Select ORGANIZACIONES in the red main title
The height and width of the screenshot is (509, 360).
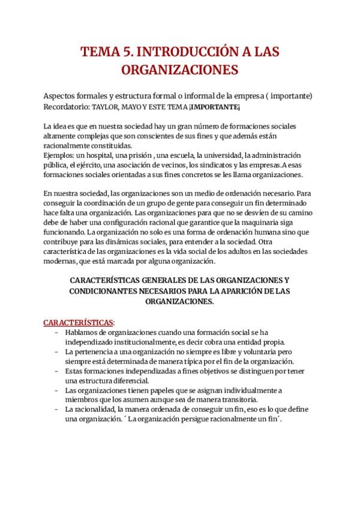(x=180, y=70)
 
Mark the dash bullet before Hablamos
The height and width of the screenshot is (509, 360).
(x=56, y=332)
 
